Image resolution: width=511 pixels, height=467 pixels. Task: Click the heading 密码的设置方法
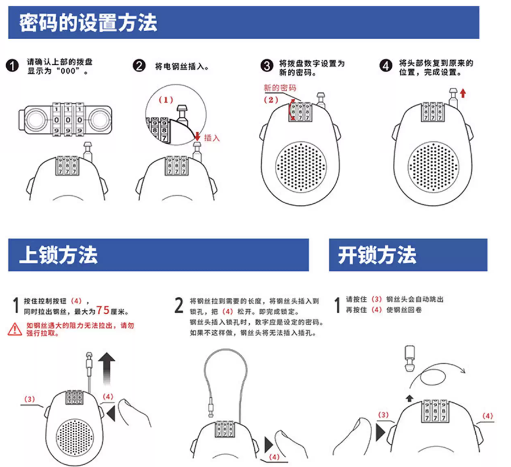point(88,23)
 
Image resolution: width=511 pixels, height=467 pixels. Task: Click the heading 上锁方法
point(58,255)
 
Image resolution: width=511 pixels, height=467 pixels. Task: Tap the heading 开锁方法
point(377,255)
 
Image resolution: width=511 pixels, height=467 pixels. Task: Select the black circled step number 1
point(12,66)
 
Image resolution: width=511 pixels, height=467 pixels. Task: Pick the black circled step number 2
point(139,66)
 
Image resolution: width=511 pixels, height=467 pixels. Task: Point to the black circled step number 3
point(267,66)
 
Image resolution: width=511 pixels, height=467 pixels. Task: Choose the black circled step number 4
point(386,66)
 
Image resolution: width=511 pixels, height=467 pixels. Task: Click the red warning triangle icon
point(15,329)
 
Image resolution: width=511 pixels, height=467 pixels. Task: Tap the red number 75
point(103,310)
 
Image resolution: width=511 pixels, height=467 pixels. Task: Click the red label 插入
point(212,138)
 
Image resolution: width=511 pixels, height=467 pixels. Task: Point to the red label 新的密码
point(280,87)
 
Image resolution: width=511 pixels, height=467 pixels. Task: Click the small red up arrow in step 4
point(463,94)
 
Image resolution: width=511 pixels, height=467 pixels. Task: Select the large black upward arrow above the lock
point(107,368)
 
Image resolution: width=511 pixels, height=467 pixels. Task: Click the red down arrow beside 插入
point(197,135)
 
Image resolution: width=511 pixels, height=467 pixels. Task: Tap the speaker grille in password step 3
point(300,166)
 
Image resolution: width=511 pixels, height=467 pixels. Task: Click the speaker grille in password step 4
point(433,166)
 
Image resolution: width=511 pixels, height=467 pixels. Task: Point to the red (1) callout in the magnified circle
point(166,100)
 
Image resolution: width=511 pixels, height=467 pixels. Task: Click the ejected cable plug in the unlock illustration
point(409,358)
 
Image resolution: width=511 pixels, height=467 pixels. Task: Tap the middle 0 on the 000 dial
point(68,120)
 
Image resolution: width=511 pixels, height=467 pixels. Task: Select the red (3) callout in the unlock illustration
point(383,415)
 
